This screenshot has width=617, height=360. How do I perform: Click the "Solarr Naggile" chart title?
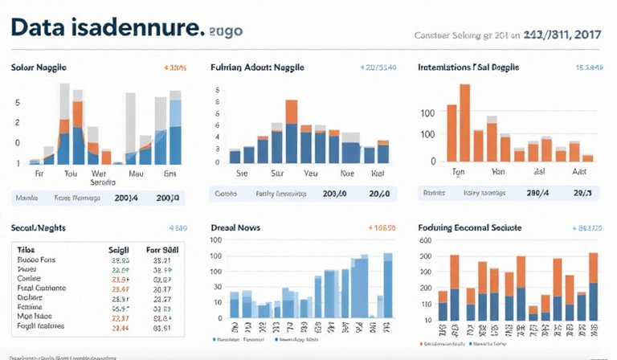(39, 67)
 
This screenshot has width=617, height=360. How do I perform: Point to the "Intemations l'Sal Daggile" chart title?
(466, 67)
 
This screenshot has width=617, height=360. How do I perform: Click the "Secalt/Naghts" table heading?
(38, 228)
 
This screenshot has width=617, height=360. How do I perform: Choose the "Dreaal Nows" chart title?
(235, 228)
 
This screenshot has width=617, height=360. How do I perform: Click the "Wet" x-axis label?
(99, 173)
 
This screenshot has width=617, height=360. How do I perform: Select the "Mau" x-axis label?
(136, 173)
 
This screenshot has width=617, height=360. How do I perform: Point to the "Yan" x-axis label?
(498, 171)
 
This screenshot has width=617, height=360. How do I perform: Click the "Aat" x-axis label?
(578, 171)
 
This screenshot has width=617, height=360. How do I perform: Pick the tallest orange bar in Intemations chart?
(464, 121)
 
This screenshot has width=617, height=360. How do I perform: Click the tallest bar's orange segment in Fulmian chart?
(291, 112)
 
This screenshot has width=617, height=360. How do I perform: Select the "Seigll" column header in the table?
(119, 251)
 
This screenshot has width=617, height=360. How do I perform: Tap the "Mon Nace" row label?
(35, 317)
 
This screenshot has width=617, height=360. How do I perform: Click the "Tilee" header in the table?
(27, 251)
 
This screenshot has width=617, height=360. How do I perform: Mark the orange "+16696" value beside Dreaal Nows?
(380, 228)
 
